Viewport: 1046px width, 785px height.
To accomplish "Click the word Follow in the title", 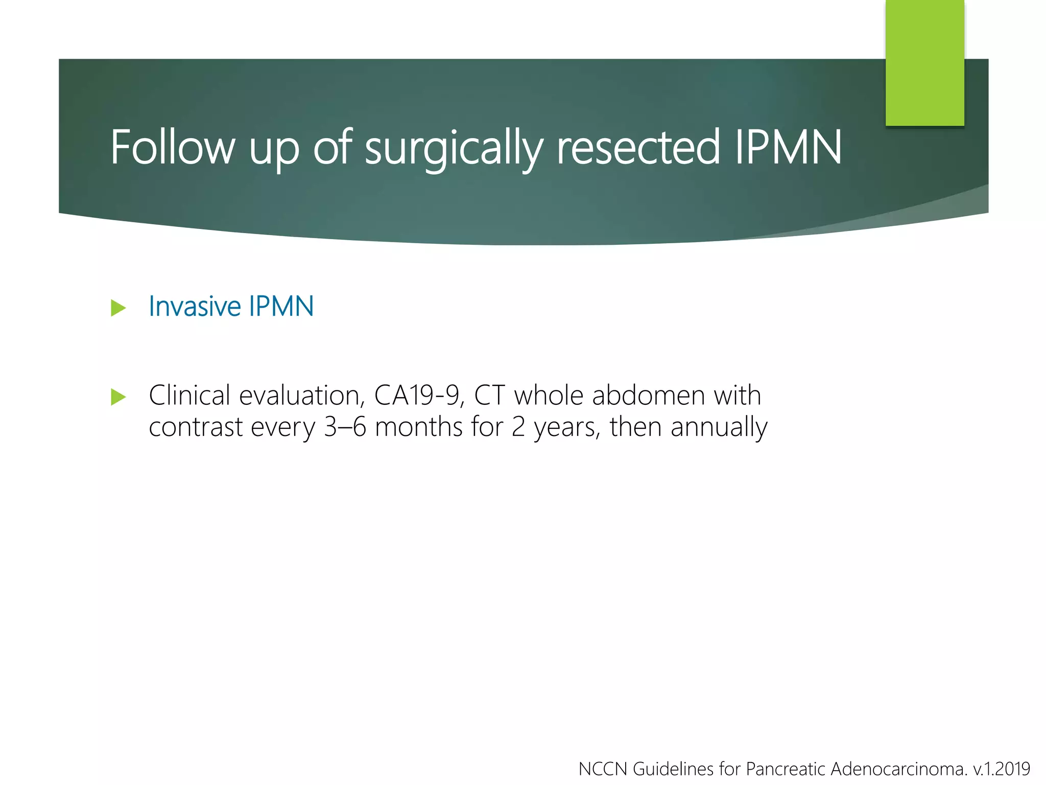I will click(173, 148).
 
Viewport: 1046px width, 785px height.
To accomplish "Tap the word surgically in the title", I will click(453, 149).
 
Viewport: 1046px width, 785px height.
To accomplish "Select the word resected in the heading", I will click(638, 148).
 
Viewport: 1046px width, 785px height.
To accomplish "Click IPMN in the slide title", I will click(788, 148).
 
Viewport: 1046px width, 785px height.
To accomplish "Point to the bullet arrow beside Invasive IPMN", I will click(118, 308).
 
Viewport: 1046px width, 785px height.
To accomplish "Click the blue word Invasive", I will click(195, 307).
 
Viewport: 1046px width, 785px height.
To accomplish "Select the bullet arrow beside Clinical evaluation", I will click(118, 397).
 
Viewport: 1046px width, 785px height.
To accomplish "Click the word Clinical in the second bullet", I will click(189, 396).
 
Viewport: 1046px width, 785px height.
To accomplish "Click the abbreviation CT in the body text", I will click(489, 396).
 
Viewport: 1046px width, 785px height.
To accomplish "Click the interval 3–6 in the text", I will click(345, 427).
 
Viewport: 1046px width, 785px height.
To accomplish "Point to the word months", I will click(419, 427).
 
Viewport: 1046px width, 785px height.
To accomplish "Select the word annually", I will click(719, 428).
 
